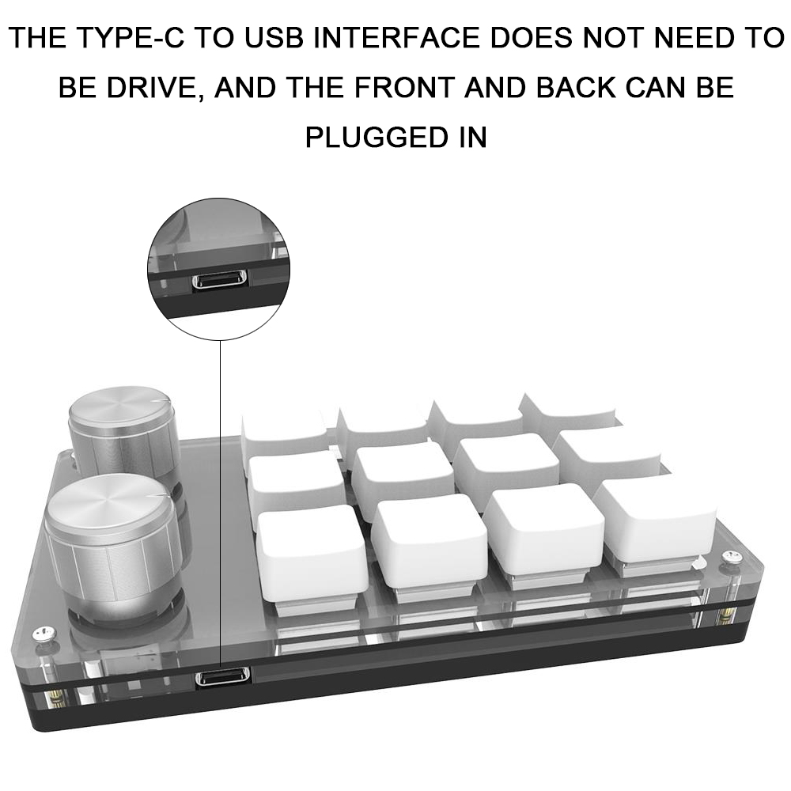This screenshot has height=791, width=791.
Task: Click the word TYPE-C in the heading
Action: point(131,38)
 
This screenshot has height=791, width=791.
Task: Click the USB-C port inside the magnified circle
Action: point(219,280)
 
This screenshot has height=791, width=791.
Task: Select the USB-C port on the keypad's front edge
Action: point(223,678)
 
